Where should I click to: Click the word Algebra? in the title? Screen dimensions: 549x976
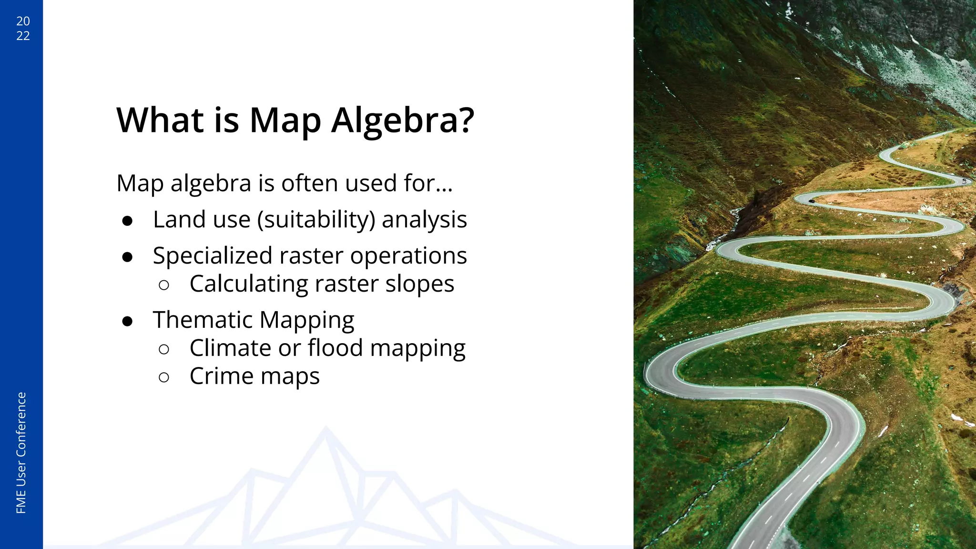[403, 121]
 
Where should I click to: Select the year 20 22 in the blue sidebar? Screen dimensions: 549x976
[23, 28]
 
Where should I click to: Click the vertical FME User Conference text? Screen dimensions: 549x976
[21, 453]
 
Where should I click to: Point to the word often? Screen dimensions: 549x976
[311, 183]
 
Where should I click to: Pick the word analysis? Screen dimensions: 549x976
[424, 220]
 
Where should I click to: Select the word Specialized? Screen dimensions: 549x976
[213, 256]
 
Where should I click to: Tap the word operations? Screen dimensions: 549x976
[408, 256]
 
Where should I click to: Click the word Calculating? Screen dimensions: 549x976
[249, 284]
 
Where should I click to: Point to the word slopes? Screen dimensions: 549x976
[419, 284]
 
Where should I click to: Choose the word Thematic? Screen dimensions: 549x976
[203, 319]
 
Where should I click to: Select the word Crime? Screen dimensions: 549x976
[221, 376]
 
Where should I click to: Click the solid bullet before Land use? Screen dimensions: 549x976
[127, 221]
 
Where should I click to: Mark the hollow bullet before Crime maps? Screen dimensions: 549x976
[164, 377]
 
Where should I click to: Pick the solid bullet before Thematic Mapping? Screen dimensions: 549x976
[127, 321]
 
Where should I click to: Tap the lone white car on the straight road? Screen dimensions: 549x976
[868, 190]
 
